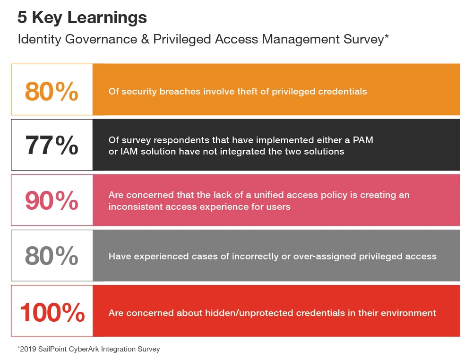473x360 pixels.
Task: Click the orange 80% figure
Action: (x=52, y=91)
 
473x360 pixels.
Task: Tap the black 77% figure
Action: (x=52, y=145)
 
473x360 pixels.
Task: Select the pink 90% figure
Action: (x=52, y=200)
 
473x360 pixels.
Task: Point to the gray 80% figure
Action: (x=52, y=256)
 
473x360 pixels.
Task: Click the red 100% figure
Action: (x=52, y=312)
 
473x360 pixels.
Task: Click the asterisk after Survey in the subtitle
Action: (x=386, y=37)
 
